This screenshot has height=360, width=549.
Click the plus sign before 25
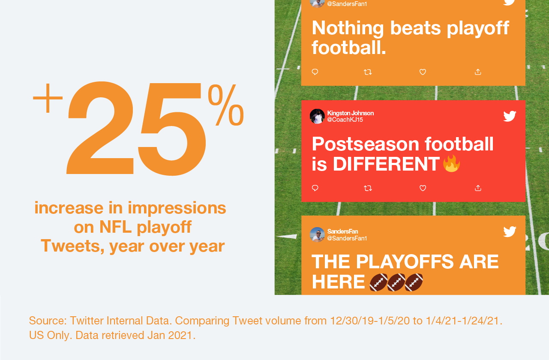pos(48,98)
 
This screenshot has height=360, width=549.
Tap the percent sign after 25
pos(226,105)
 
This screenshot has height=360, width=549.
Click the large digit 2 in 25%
pos(100,128)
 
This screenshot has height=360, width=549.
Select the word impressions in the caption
pos(177,208)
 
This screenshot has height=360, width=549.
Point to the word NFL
pos(115,227)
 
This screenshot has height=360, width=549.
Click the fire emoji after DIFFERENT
pos(451,163)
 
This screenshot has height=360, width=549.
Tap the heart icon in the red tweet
pos(423,188)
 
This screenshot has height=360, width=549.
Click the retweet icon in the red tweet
pos(368,188)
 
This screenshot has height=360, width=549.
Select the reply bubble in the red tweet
pos(315,188)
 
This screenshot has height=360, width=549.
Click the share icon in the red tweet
pos(478,188)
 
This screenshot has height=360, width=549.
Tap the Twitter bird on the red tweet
pos(510,116)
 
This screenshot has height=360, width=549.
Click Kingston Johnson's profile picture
pos(317,117)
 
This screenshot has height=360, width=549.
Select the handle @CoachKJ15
pos(345,120)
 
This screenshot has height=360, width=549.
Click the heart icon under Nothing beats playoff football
pos(423,72)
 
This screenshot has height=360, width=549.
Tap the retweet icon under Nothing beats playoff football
pos(368,72)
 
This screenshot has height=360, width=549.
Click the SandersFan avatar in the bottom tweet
pos(317,234)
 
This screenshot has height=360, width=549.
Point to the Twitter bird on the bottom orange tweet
pos(510,231)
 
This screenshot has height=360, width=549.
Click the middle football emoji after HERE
pos(396,282)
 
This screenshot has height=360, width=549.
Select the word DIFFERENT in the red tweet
pos(386,164)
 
